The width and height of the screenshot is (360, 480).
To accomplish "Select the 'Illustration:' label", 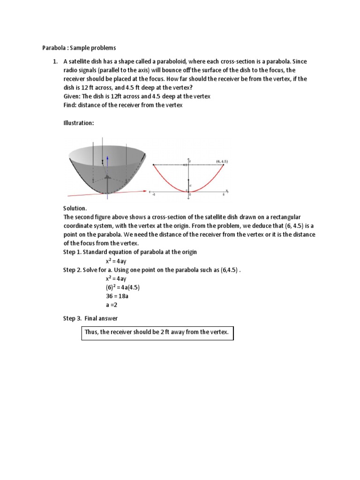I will pos(79,123).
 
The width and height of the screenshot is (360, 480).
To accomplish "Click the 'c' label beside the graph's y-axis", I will pos(190,186).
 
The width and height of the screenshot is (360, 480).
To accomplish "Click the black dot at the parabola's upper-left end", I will pos(153,165).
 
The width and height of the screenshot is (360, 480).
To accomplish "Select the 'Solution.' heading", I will pos(75,208).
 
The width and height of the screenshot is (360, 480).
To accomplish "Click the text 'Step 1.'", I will pos(73,252).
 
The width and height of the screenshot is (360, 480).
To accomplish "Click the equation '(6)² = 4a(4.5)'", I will pos(123,287).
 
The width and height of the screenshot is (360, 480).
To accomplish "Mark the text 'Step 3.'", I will pos(72,319).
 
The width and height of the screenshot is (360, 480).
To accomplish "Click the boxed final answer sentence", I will pos(157,332).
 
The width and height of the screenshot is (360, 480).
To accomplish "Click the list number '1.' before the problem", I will pos(55,62).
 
